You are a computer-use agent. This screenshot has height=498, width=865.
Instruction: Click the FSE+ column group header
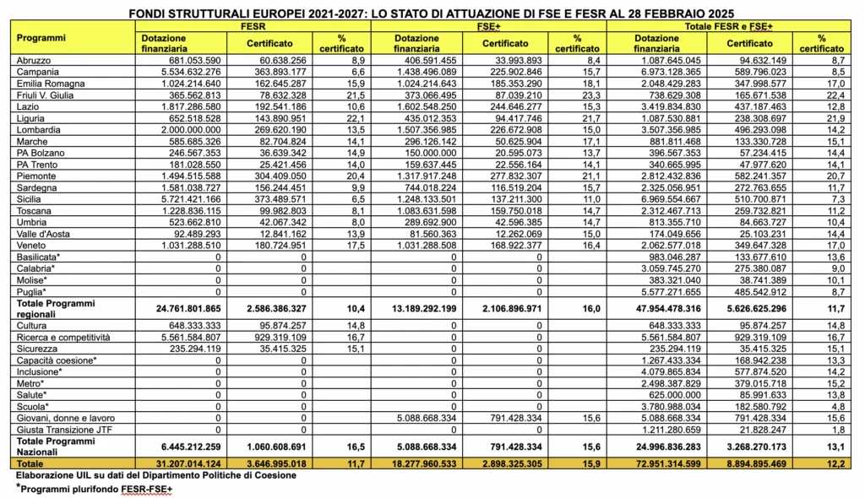(489, 27)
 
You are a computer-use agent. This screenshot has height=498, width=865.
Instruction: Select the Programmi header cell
(42, 39)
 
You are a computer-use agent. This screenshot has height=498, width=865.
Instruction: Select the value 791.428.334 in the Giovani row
(508, 417)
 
